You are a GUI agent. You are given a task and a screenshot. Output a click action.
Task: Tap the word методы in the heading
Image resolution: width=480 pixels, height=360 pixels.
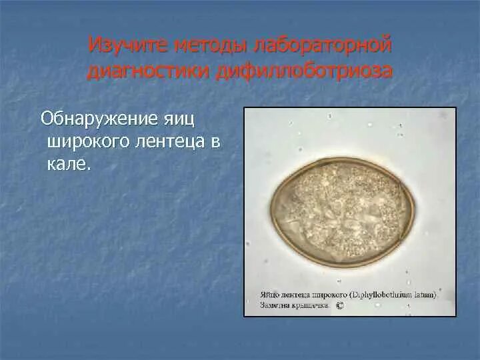(209, 46)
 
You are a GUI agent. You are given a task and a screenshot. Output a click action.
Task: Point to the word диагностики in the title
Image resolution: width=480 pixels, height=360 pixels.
(147, 71)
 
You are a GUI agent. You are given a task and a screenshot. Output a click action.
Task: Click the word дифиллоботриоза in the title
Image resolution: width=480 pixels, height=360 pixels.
(303, 71)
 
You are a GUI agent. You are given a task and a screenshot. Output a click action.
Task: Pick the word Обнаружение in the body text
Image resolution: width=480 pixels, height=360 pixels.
(98, 119)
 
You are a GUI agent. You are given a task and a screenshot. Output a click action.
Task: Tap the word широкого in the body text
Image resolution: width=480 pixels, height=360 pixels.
(85, 141)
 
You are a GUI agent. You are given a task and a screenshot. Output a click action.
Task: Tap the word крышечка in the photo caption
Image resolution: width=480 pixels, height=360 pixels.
(311, 305)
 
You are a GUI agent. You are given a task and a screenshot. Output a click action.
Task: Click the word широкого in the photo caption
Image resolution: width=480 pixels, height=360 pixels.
(329, 294)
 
